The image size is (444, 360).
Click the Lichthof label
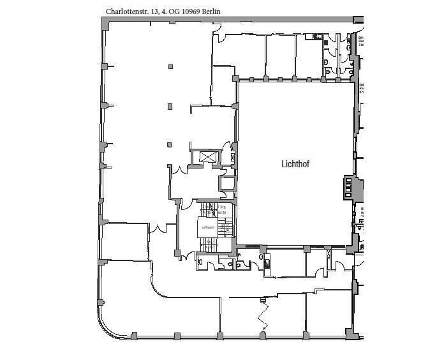pyautogui.click(x=295, y=163)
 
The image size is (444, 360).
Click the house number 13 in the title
pyautogui.click(x=153, y=11)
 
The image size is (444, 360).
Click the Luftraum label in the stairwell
pyautogui.click(x=207, y=227)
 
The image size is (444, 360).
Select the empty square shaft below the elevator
pyautogui.click(x=227, y=184)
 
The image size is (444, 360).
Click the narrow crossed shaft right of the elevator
pyautogui.click(x=233, y=157)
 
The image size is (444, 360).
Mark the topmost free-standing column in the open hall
pyautogui.click(x=170, y=66)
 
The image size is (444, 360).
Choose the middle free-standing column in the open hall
pyautogui.click(x=170, y=106)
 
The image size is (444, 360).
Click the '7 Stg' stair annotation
pyautogui.click(x=222, y=207)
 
